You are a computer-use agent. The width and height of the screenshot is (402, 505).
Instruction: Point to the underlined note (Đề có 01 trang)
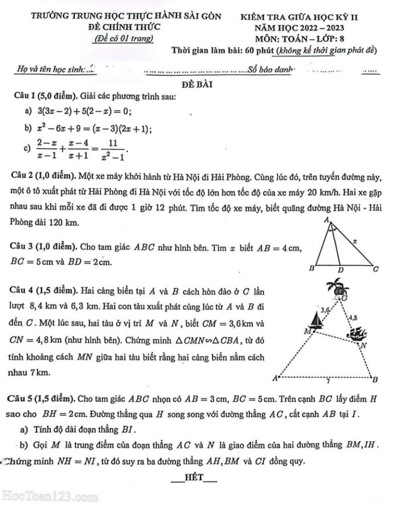122,38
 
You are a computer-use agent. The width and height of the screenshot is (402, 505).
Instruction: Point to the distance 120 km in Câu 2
64,223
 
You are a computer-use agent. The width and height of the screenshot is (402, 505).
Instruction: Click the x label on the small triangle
355,241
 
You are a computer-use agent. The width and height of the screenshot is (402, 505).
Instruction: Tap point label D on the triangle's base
340,270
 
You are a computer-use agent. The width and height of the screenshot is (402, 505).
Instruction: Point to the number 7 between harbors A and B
327,382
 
